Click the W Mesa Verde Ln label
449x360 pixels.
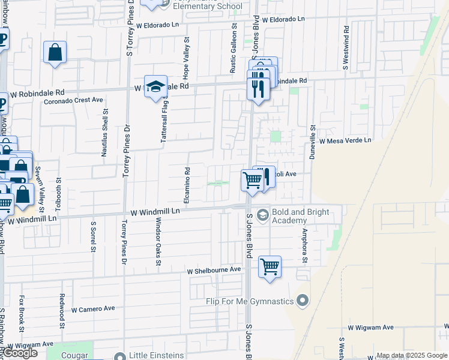345,140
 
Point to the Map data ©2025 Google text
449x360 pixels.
411,355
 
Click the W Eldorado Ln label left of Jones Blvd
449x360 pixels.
158,26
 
